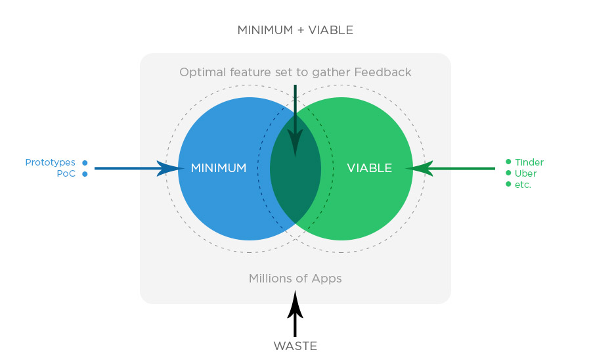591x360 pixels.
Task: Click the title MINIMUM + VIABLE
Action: (x=295, y=30)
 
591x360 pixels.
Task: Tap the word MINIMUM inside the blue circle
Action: (x=219, y=169)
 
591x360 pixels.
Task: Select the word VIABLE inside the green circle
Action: (x=369, y=169)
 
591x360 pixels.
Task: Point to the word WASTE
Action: (x=295, y=346)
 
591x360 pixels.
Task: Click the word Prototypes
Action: (x=51, y=162)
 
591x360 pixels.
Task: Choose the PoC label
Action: (x=66, y=174)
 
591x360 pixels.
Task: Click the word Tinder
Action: (x=529, y=162)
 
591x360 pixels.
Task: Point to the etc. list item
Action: (x=523, y=185)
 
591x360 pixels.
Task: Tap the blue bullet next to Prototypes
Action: (x=85, y=162)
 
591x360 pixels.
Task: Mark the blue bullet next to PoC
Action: (x=85, y=174)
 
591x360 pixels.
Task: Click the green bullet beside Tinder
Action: (x=508, y=162)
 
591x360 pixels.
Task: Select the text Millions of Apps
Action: (x=295, y=279)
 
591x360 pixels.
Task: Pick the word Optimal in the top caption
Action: (x=200, y=72)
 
